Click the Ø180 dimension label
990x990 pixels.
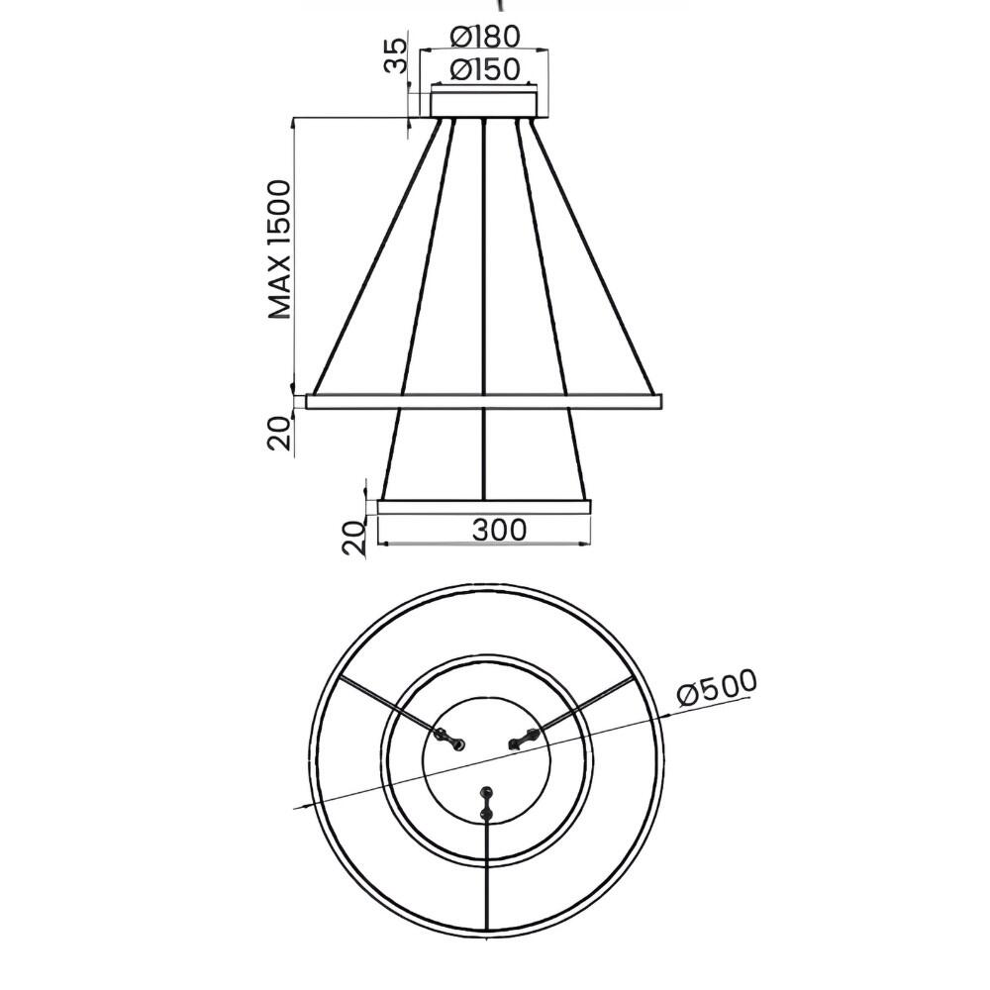pyautogui.click(x=484, y=37)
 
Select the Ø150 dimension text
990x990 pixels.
pyautogui.click(x=484, y=70)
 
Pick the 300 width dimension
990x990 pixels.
pyautogui.click(x=499, y=530)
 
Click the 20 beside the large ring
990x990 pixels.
pyautogui.click(x=280, y=433)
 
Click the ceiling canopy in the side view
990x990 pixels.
pyautogui.click(x=484, y=104)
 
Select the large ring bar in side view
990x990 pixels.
pyautogui.click(x=484, y=401)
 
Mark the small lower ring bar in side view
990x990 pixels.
pyautogui.click(x=484, y=507)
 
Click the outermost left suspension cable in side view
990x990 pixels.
pyautogui.click(x=376, y=257)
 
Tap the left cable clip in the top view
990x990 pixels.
pyautogui.click(x=450, y=740)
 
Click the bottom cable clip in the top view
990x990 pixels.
pyautogui.click(x=485, y=802)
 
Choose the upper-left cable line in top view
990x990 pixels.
pyautogui.click(x=386, y=705)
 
